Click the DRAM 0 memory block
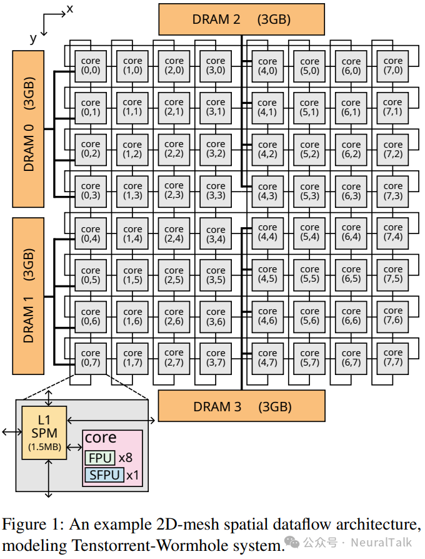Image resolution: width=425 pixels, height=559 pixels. tap(29, 129)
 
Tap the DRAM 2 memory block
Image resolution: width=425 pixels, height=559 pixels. tap(242, 19)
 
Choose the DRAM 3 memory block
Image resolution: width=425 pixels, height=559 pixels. tap(241, 406)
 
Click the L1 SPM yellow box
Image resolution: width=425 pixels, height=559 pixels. tap(44, 433)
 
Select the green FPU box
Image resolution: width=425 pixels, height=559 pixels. tap(101, 458)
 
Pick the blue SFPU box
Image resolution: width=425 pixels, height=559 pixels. tap(104, 475)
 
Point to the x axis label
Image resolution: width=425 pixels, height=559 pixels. tap(69, 8)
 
